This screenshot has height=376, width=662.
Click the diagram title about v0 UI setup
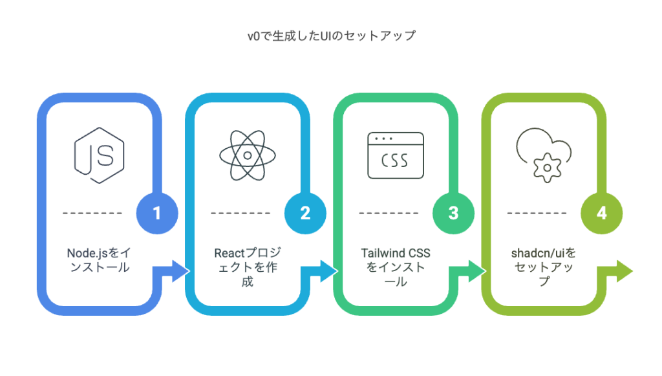pos(331,36)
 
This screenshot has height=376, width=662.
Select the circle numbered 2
pos(305,214)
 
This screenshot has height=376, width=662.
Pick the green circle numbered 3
pos(453,214)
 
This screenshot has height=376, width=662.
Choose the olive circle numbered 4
pos(601,214)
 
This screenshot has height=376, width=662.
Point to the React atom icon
pos(247,155)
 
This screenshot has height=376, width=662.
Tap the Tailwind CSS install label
pos(394,267)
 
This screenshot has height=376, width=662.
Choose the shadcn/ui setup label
pos(543,267)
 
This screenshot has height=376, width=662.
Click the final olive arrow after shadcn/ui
pos(617,271)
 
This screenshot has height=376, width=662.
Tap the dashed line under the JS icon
pos(93,213)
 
